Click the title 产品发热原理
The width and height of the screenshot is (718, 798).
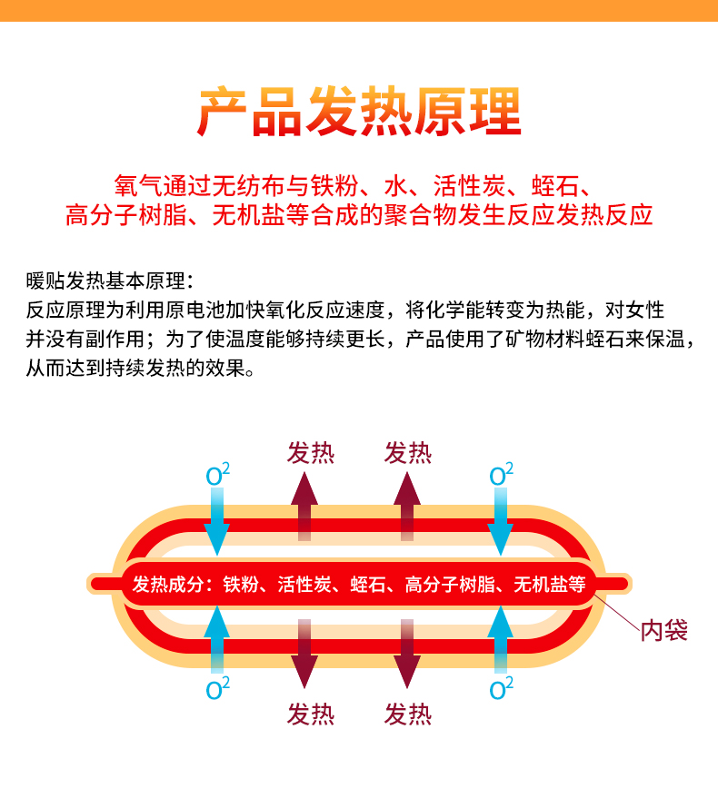[x=359, y=111]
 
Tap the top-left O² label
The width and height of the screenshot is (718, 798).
[x=217, y=474]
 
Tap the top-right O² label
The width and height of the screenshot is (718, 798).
[x=501, y=474]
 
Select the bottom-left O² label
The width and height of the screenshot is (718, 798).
[x=217, y=687]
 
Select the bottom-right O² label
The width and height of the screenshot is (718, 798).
[x=501, y=687]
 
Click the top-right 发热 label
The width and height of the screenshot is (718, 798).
[x=408, y=452]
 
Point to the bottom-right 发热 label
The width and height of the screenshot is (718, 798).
[x=408, y=714]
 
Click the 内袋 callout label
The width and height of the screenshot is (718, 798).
[x=663, y=630]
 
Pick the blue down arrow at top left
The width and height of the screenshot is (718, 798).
[x=217, y=522]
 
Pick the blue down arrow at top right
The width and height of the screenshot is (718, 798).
[x=501, y=522]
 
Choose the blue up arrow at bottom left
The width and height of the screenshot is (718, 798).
[x=217, y=640]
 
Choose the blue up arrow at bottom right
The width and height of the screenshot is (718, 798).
[x=501, y=640]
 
